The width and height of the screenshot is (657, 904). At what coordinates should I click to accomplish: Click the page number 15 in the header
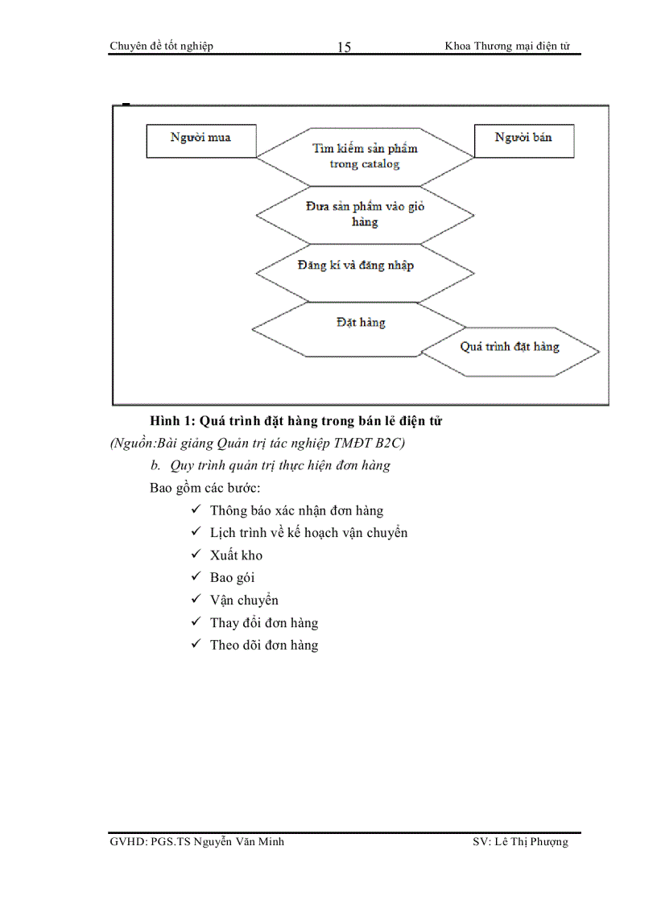[344, 47]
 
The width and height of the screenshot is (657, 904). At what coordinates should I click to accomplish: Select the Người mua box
[200, 140]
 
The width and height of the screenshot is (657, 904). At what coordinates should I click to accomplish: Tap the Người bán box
[524, 140]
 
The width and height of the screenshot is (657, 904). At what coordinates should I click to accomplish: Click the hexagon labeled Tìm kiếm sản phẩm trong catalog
[365, 156]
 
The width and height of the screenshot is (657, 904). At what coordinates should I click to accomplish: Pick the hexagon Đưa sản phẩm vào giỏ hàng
[365, 214]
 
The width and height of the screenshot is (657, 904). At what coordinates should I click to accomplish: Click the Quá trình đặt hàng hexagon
[510, 348]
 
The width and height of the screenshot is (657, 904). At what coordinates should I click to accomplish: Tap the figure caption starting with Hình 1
[296, 420]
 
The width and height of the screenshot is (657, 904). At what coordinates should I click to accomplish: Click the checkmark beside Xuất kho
[196, 555]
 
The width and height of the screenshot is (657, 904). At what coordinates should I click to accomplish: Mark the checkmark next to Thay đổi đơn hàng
[196, 622]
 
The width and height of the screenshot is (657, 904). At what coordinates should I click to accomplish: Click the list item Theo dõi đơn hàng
[264, 645]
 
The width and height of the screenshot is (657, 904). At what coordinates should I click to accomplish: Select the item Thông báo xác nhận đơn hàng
[296, 510]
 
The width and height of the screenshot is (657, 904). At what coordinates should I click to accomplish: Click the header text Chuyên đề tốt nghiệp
[161, 46]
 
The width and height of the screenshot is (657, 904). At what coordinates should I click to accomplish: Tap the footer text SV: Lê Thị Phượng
[520, 842]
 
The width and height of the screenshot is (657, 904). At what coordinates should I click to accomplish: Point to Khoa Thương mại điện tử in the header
[507, 46]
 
